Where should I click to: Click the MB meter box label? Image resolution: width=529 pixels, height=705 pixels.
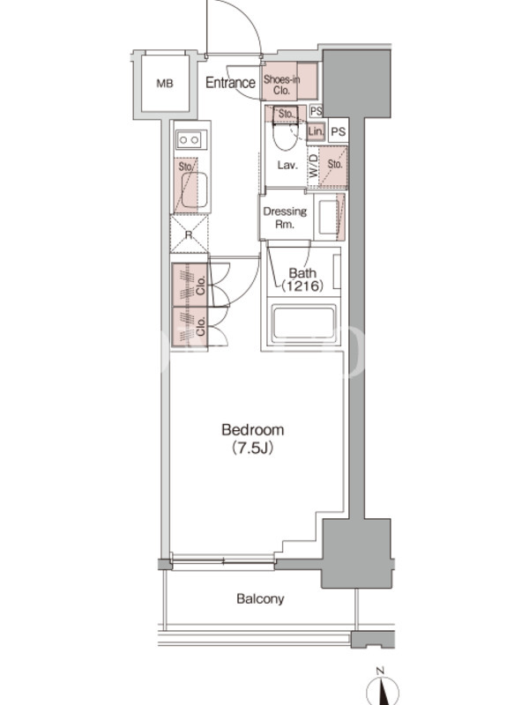click(165, 84)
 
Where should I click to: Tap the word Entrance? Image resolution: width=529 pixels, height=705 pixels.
click(230, 83)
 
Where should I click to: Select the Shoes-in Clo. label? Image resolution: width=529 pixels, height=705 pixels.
click(281, 85)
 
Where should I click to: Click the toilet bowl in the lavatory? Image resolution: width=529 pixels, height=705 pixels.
click(285, 137)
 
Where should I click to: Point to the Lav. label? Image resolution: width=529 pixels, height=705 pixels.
click(287, 165)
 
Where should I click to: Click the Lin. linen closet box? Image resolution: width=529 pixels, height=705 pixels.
click(316, 131)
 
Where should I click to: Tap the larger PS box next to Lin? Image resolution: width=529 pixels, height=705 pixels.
click(339, 131)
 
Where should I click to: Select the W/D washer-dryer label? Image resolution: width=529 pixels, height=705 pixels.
click(313, 166)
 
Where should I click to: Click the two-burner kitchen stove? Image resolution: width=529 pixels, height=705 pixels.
click(191, 140)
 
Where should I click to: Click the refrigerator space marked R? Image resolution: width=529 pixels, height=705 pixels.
click(189, 234)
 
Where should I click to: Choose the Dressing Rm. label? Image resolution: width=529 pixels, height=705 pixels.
click(285, 217)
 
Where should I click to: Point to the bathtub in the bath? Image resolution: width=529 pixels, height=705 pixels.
click(304, 322)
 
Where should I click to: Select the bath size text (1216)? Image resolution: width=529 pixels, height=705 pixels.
click(302, 286)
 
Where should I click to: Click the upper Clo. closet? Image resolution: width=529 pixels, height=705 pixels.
click(190, 285)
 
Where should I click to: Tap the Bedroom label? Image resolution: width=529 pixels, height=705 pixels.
click(253, 430)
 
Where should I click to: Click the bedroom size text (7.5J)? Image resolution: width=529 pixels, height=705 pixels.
click(252, 448)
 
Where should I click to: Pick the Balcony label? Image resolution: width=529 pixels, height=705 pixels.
click(260, 599)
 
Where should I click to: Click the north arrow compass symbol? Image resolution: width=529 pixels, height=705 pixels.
click(383, 688)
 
